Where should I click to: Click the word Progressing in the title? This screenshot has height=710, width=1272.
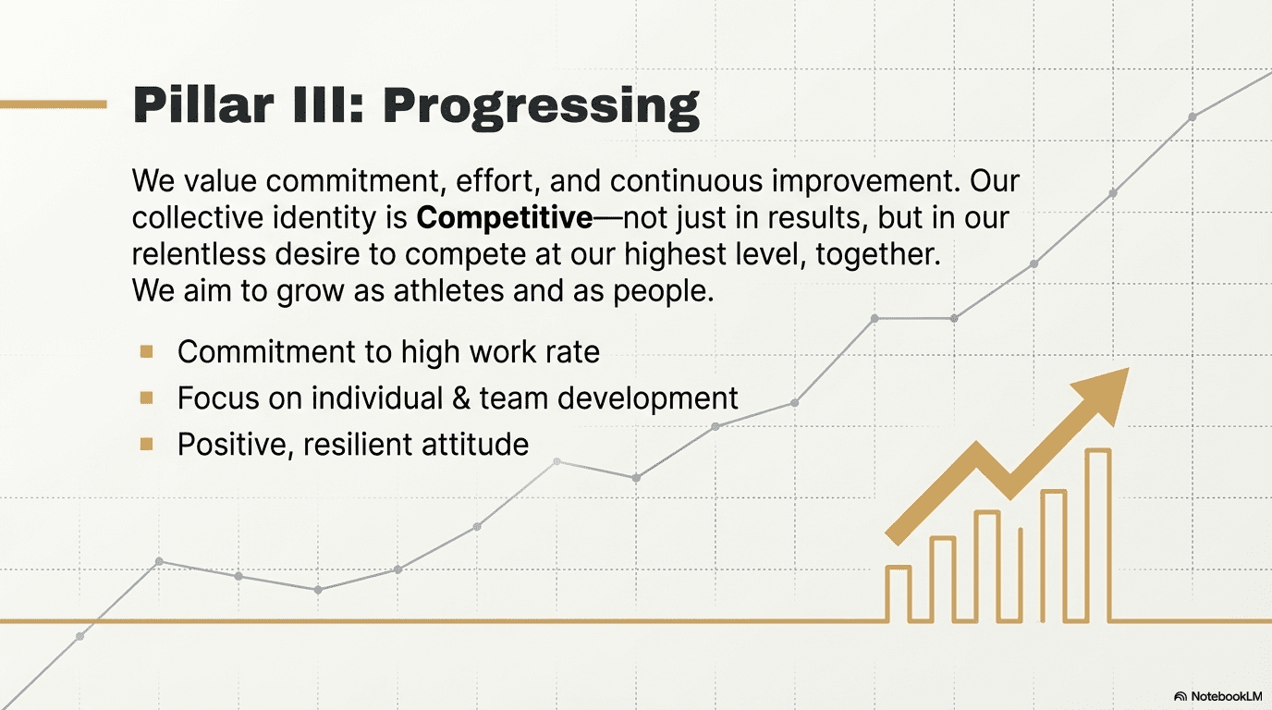click(x=541, y=108)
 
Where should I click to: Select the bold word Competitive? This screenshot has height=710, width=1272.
click(x=505, y=217)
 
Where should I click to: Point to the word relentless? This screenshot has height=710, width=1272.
click(x=199, y=253)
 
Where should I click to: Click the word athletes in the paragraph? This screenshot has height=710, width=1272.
click(x=448, y=290)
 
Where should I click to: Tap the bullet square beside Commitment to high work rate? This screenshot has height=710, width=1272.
click(x=146, y=352)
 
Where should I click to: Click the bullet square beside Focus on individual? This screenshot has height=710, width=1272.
click(x=146, y=398)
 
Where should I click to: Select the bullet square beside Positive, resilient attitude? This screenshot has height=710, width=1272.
click(x=146, y=444)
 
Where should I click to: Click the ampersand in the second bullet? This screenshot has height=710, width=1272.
click(x=461, y=398)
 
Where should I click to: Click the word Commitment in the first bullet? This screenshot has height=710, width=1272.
click(x=266, y=351)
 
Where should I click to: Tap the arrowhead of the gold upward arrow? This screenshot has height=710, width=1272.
click(x=1105, y=394)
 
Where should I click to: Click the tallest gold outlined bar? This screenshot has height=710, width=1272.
click(x=1098, y=534)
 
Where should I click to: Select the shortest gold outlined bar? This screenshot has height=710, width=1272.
click(x=899, y=594)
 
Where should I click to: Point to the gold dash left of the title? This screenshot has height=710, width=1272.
click(x=54, y=104)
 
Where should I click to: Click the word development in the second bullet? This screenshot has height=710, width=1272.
click(x=648, y=398)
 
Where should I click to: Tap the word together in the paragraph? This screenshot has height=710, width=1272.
click(x=878, y=254)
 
